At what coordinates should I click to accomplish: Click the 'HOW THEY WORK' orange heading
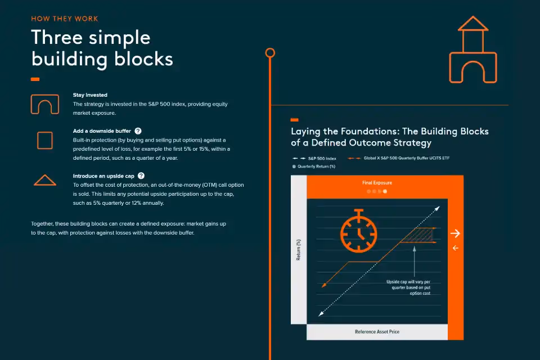tap(64, 19)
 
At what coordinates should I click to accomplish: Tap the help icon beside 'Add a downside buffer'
tap(138, 131)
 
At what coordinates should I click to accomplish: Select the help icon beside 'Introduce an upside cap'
tap(141, 175)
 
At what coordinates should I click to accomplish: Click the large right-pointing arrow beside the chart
tap(455, 233)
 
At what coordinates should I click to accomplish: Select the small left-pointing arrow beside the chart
tap(455, 248)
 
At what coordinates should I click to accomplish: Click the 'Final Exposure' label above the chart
tap(377, 183)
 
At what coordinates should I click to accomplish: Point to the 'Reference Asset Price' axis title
tap(377, 332)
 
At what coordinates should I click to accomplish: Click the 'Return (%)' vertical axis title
tap(299, 250)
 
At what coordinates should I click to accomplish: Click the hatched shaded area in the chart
tap(420, 235)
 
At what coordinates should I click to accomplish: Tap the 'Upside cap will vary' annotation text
tap(408, 287)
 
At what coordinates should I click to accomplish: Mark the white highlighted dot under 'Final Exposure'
tap(385, 191)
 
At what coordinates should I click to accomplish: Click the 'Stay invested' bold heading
tap(90, 94)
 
